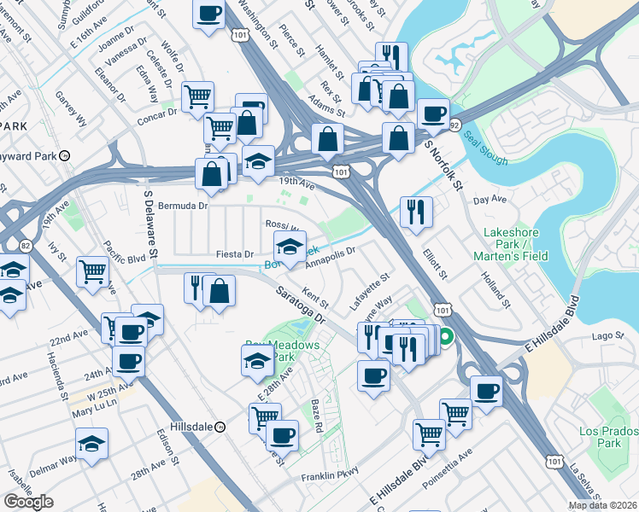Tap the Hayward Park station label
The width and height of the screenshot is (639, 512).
[x=34, y=156]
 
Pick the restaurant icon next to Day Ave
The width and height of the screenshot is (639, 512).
[x=416, y=212]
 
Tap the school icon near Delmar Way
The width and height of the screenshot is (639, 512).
[x=91, y=444]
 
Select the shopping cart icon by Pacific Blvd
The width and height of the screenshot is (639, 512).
[x=92, y=271]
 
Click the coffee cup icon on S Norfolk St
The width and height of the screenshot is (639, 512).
[x=433, y=113]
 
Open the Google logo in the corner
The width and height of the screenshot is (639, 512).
[x=28, y=502]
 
